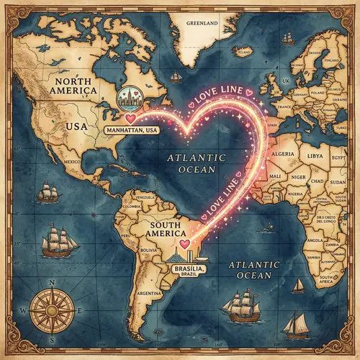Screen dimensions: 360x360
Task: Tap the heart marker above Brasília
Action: pyautogui.click(x=184, y=246)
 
